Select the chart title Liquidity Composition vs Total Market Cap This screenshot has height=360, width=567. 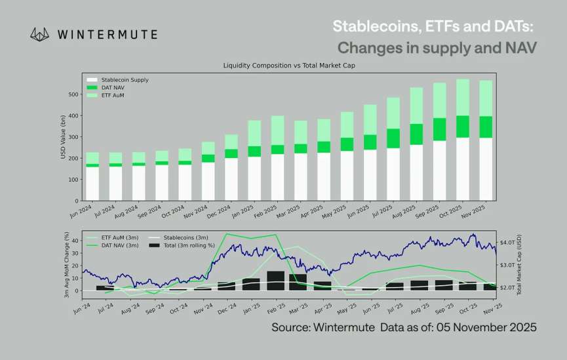(289, 66)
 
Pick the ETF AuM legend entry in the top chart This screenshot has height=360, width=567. (113, 96)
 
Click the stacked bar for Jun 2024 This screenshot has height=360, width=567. (92, 176)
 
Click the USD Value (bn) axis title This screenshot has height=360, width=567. (63, 139)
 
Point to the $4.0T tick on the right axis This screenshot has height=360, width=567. (508, 242)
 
